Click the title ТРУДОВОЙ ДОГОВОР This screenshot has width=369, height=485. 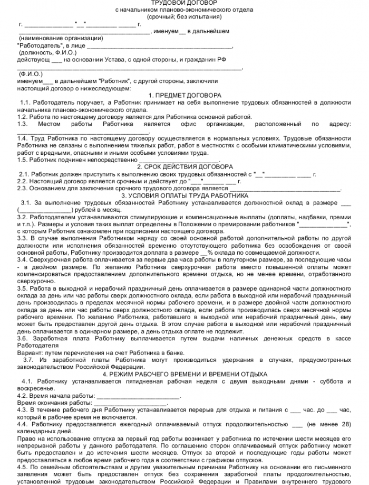pos(183,3)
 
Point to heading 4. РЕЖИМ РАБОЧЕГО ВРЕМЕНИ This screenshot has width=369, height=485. pos(184,374)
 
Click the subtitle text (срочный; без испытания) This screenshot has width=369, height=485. pos(183,17)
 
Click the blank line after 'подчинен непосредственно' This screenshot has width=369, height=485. pos(179,160)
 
